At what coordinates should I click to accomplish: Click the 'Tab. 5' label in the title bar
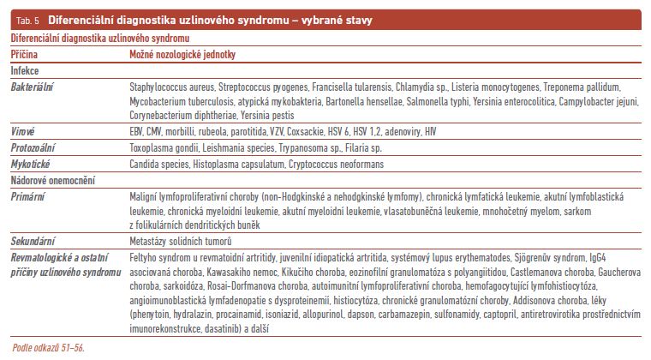26,19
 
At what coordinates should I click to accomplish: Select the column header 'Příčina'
23,53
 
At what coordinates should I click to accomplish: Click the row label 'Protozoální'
33,146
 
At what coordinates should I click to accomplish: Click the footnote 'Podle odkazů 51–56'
48,346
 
